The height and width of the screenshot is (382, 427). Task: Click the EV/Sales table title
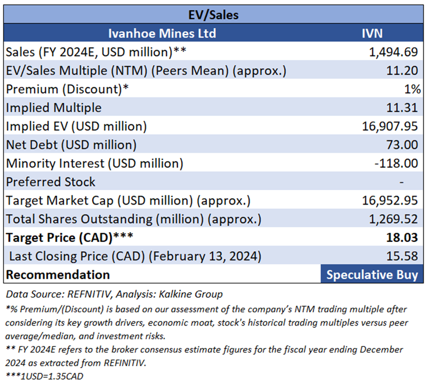(x=213, y=15)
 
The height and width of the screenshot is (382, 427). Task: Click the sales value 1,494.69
(x=393, y=52)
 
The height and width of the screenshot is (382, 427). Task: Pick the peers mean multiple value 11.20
(x=402, y=71)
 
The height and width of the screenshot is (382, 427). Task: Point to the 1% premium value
(x=411, y=89)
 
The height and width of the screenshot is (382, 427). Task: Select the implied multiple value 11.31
(x=402, y=108)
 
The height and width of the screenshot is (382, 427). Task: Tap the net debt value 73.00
(x=402, y=145)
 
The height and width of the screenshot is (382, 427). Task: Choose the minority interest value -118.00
(x=396, y=163)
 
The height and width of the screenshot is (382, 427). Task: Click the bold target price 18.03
(x=402, y=237)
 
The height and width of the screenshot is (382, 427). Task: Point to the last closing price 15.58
(x=402, y=256)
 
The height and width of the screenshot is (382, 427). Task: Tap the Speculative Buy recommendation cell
(x=372, y=274)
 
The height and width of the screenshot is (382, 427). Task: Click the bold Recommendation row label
(x=58, y=274)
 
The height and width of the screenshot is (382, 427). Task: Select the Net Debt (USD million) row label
(x=71, y=145)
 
